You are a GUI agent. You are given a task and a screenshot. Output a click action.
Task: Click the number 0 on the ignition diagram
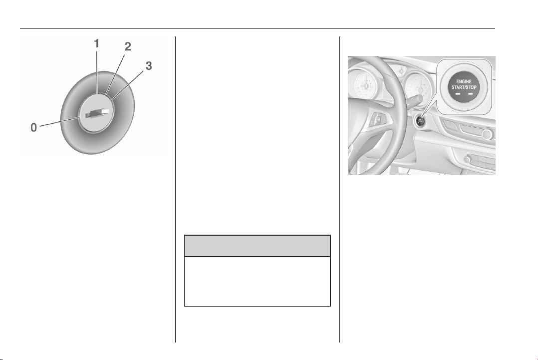(x=33, y=127)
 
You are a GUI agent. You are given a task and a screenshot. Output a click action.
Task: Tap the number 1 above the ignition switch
(x=97, y=43)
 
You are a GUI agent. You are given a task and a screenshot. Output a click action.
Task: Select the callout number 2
(x=128, y=46)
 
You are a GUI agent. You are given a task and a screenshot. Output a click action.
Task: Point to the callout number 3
(x=148, y=65)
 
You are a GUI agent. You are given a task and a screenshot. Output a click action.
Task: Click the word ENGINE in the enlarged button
(x=464, y=82)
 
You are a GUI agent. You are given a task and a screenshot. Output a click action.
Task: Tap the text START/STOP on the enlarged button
(x=464, y=87)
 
